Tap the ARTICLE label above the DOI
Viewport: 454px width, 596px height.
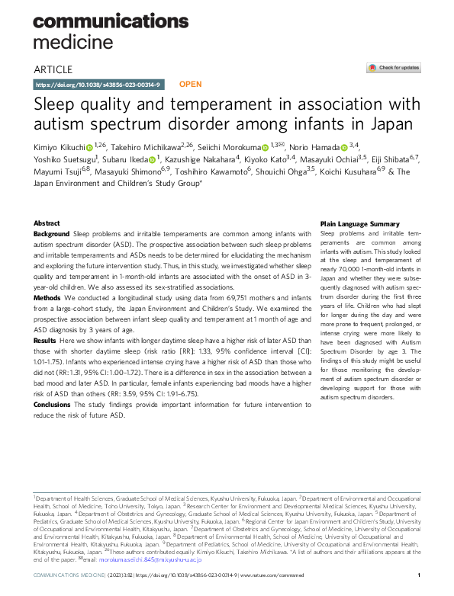(54, 69)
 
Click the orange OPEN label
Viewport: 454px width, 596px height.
(190, 85)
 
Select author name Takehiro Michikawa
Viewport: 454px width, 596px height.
(141, 146)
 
